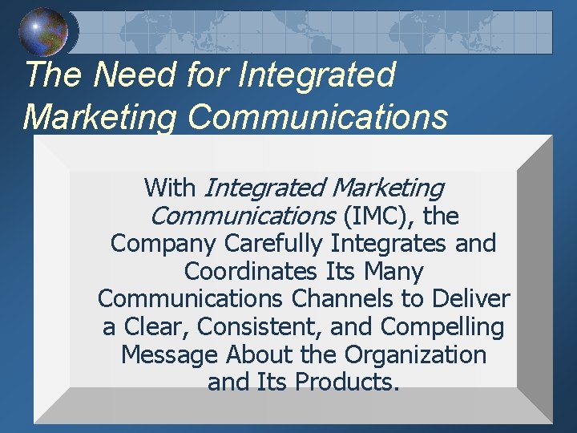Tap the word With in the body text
point(170,188)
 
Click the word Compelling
point(442,327)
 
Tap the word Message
point(170,354)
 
